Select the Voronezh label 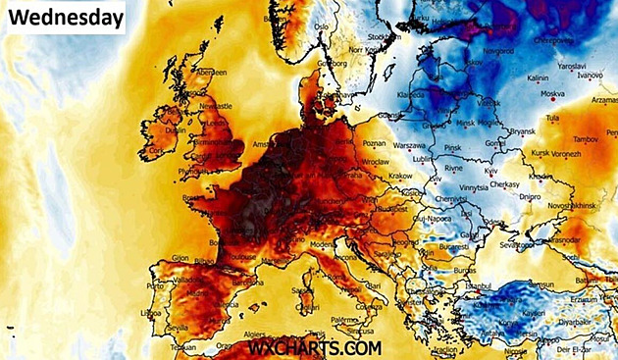[x=560, y=153]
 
